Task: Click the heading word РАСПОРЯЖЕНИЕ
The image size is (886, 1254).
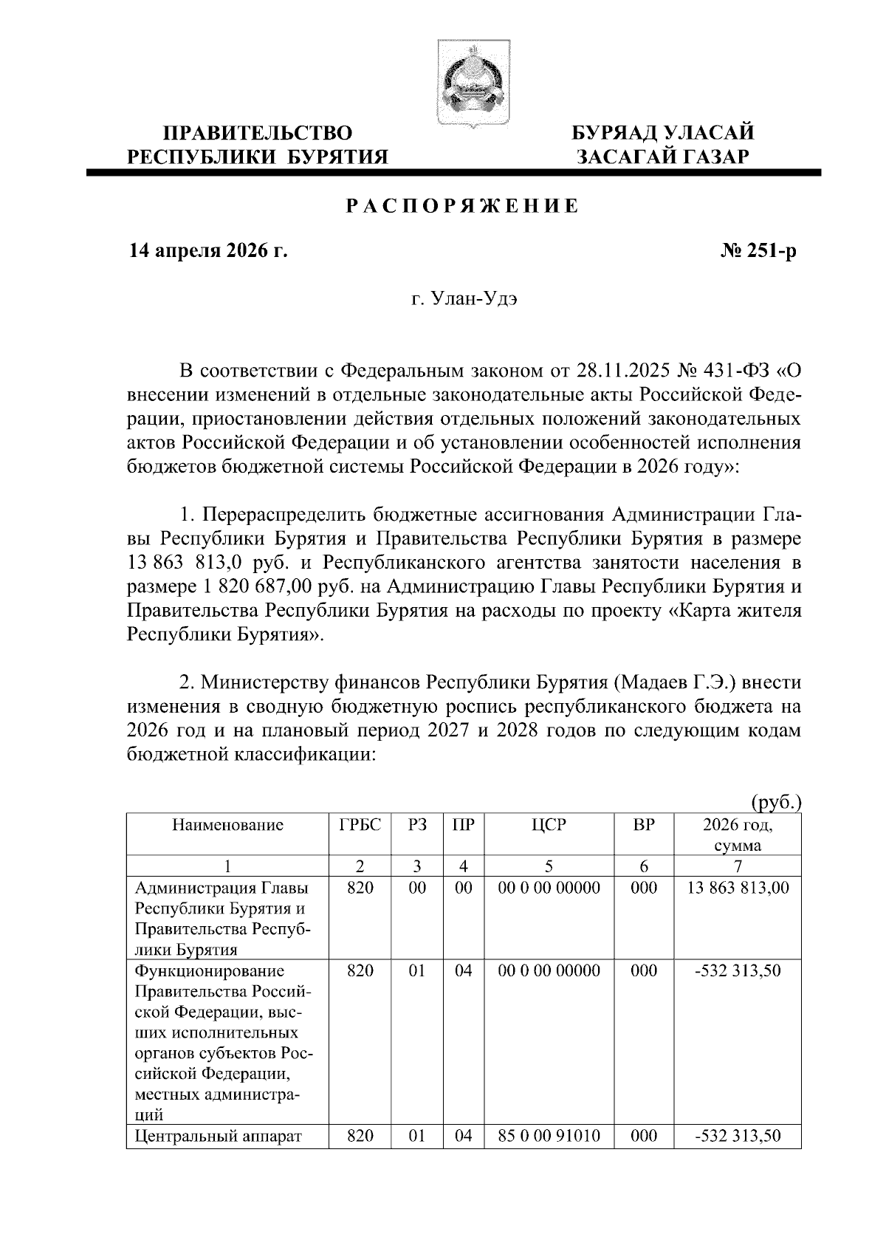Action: (x=463, y=206)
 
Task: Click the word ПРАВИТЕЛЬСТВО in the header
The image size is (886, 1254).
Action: (x=257, y=133)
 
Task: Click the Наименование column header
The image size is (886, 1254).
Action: (x=227, y=825)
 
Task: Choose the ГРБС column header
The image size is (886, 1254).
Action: (x=360, y=825)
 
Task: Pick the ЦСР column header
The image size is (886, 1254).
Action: (x=549, y=825)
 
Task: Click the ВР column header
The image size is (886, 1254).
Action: (x=644, y=825)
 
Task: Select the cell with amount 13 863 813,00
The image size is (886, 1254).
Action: (x=738, y=888)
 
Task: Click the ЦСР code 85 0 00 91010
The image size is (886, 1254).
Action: (x=549, y=1135)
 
